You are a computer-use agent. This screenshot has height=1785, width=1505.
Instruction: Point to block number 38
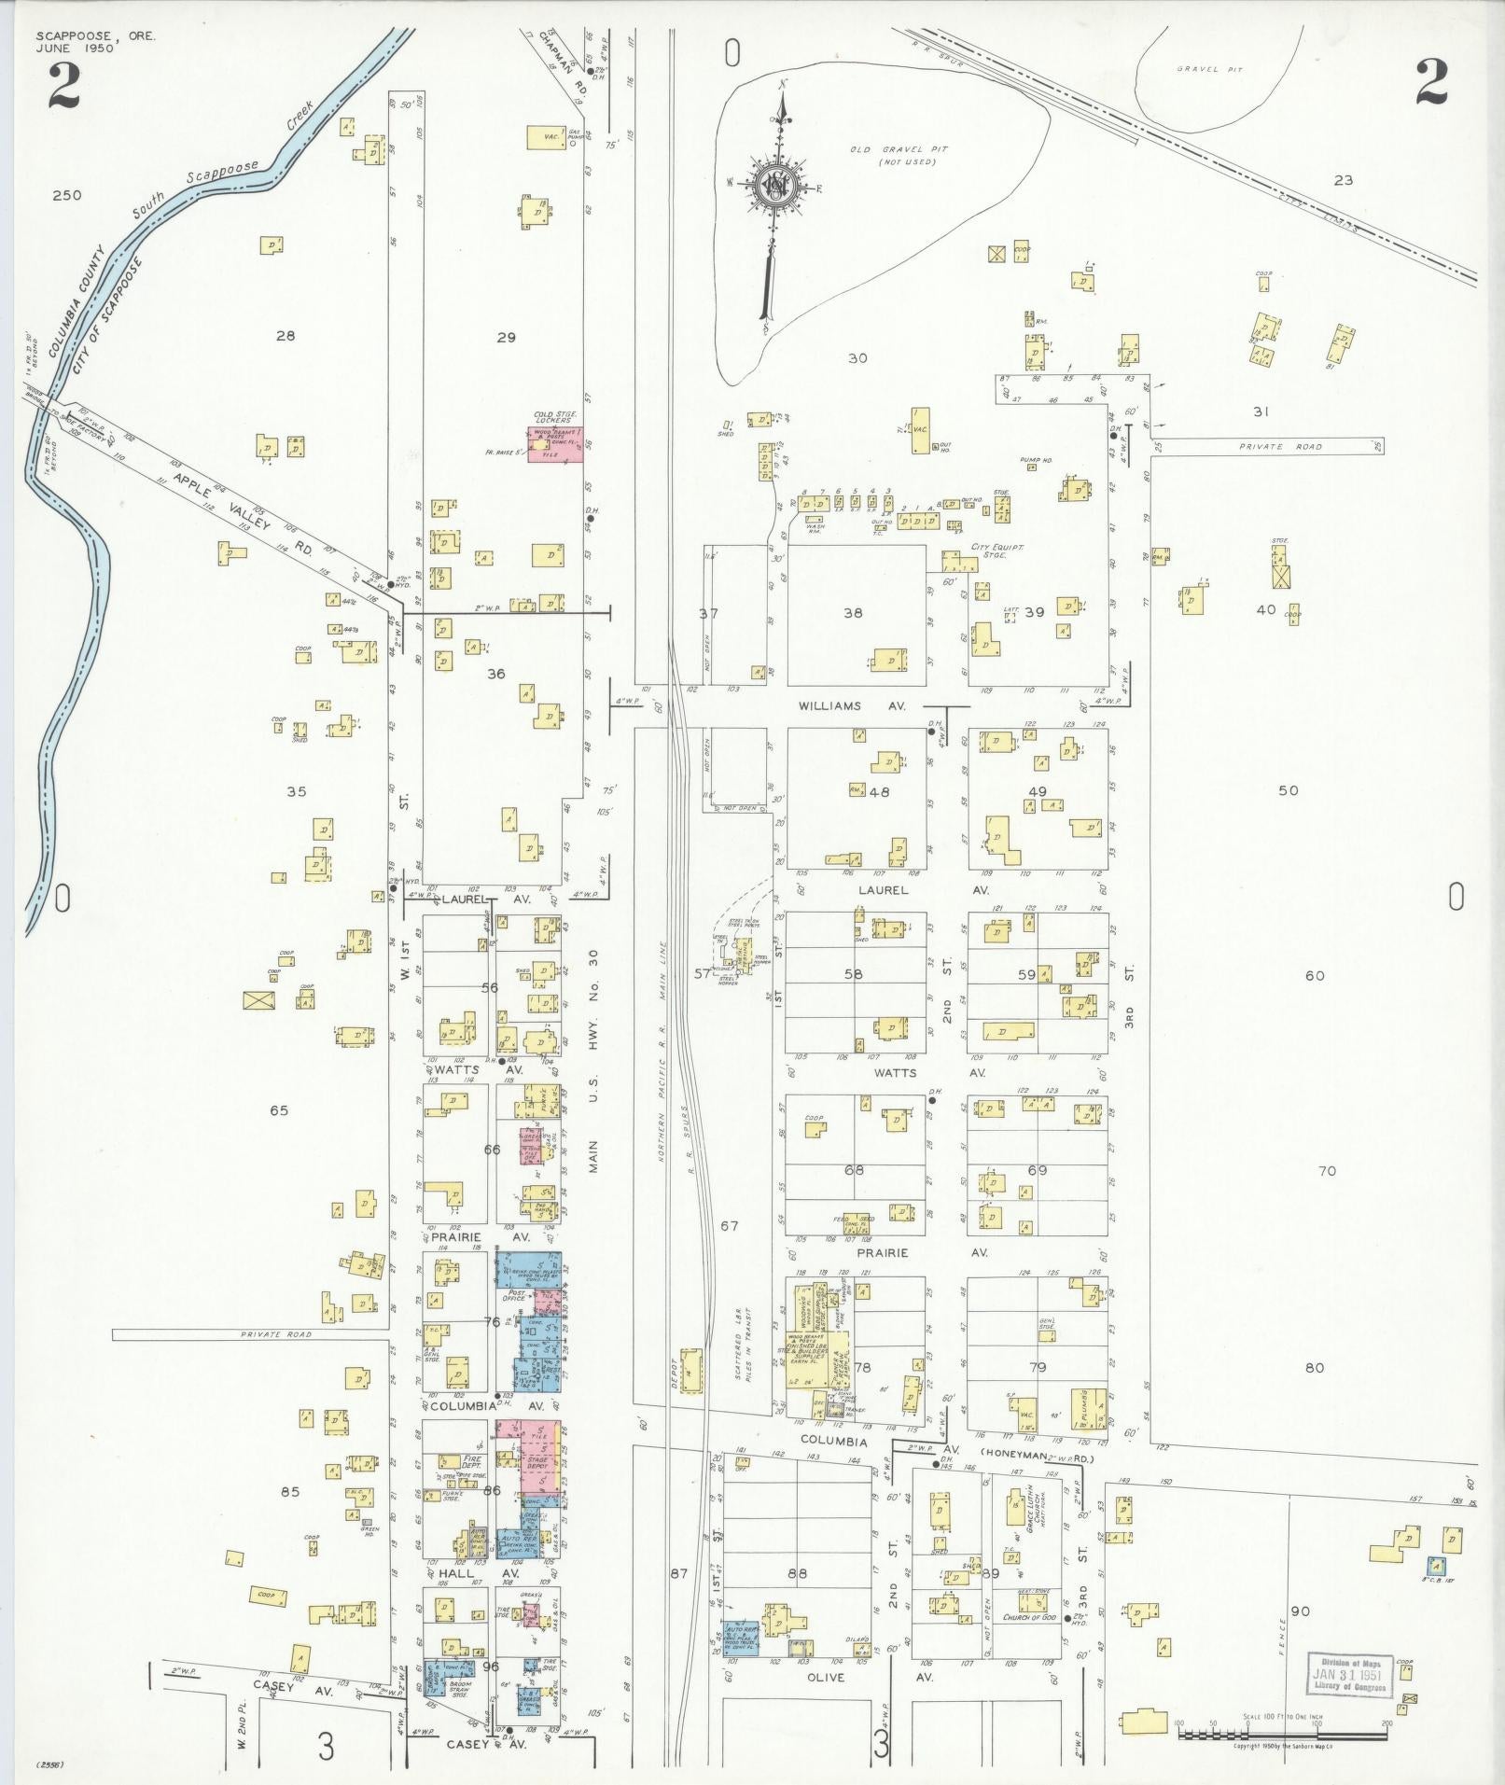click(x=853, y=613)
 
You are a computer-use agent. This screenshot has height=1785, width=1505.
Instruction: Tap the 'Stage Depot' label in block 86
click(x=537, y=1487)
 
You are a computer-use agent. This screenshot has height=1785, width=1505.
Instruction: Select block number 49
click(x=1037, y=791)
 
